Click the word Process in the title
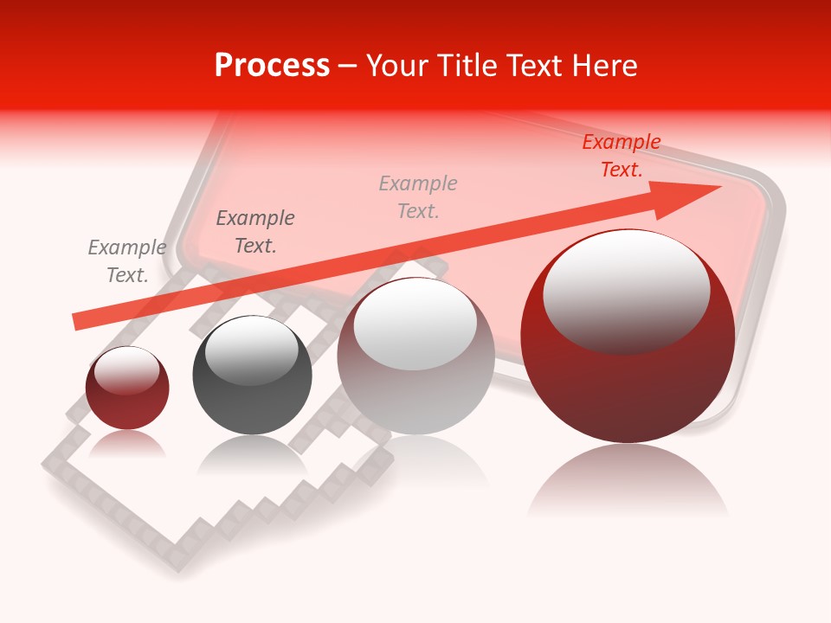click(x=272, y=66)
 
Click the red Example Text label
click(x=621, y=156)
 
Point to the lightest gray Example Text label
click(x=418, y=197)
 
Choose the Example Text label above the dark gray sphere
click(x=255, y=232)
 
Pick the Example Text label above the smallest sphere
click(x=127, y=261)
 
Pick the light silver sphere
click(x=415, y=356)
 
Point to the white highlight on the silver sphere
click(x=415, y=322)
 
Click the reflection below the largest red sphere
click(x=628, y=480)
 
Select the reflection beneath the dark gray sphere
click(x=251, y=454)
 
